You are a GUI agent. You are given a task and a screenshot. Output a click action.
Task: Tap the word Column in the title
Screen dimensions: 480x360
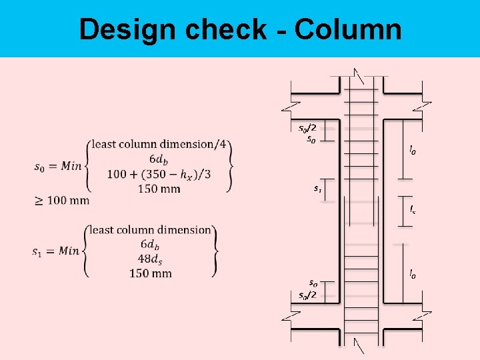[x=347, y=30]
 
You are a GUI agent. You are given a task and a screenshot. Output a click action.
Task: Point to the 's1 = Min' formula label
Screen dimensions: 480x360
[x=55, y=251]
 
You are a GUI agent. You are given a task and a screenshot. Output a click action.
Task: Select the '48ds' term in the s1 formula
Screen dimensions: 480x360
[x=150, y=259]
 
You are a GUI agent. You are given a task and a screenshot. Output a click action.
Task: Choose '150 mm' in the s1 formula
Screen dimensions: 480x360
[x=150, y=273]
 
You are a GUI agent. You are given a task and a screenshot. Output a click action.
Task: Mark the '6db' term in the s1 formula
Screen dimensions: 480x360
[x=150, y=244]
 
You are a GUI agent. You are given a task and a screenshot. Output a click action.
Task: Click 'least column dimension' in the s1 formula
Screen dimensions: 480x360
[x=150, y=230]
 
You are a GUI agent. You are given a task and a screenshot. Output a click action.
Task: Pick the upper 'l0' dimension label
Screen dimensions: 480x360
[x=413, y=151]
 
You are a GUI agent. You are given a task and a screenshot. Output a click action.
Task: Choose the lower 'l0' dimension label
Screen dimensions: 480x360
[x=413, y=274]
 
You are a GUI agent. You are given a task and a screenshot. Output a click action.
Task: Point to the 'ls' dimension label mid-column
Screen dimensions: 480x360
[x=413, y=209]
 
